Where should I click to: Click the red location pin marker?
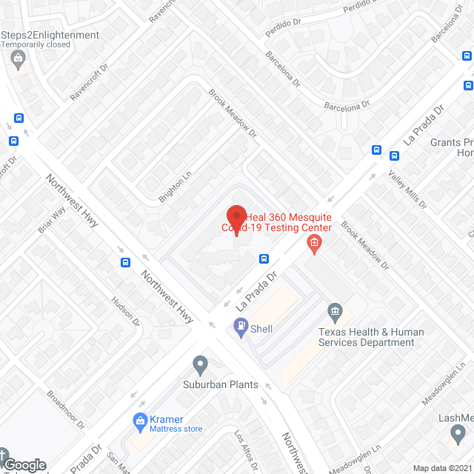pyautogui.click(x=236, y=218)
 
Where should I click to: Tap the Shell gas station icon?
pyautogui.click(x=241, y=325)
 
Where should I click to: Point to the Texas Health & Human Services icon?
pyautogui.click(x=335, y=310)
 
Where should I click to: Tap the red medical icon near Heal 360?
pyautogui.click(x=314, y=243)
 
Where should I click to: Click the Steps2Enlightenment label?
pyautogui.click(x=50, y=36)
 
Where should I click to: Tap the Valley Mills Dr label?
pyautogui.click(x=408, y=189)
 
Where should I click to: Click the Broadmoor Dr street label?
pyautogui.click(x=66, y=410)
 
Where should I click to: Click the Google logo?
pyautogui.click(x=24, y=464)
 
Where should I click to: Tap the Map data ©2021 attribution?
pyautogui.click(x=442, y=468)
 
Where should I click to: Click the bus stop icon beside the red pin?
pyautogui.click(x=264, y=258)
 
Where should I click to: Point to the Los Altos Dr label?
pyautogui.click(x=245, y=452)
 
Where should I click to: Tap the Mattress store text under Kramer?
pyautogui.click(x=176, y=428)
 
